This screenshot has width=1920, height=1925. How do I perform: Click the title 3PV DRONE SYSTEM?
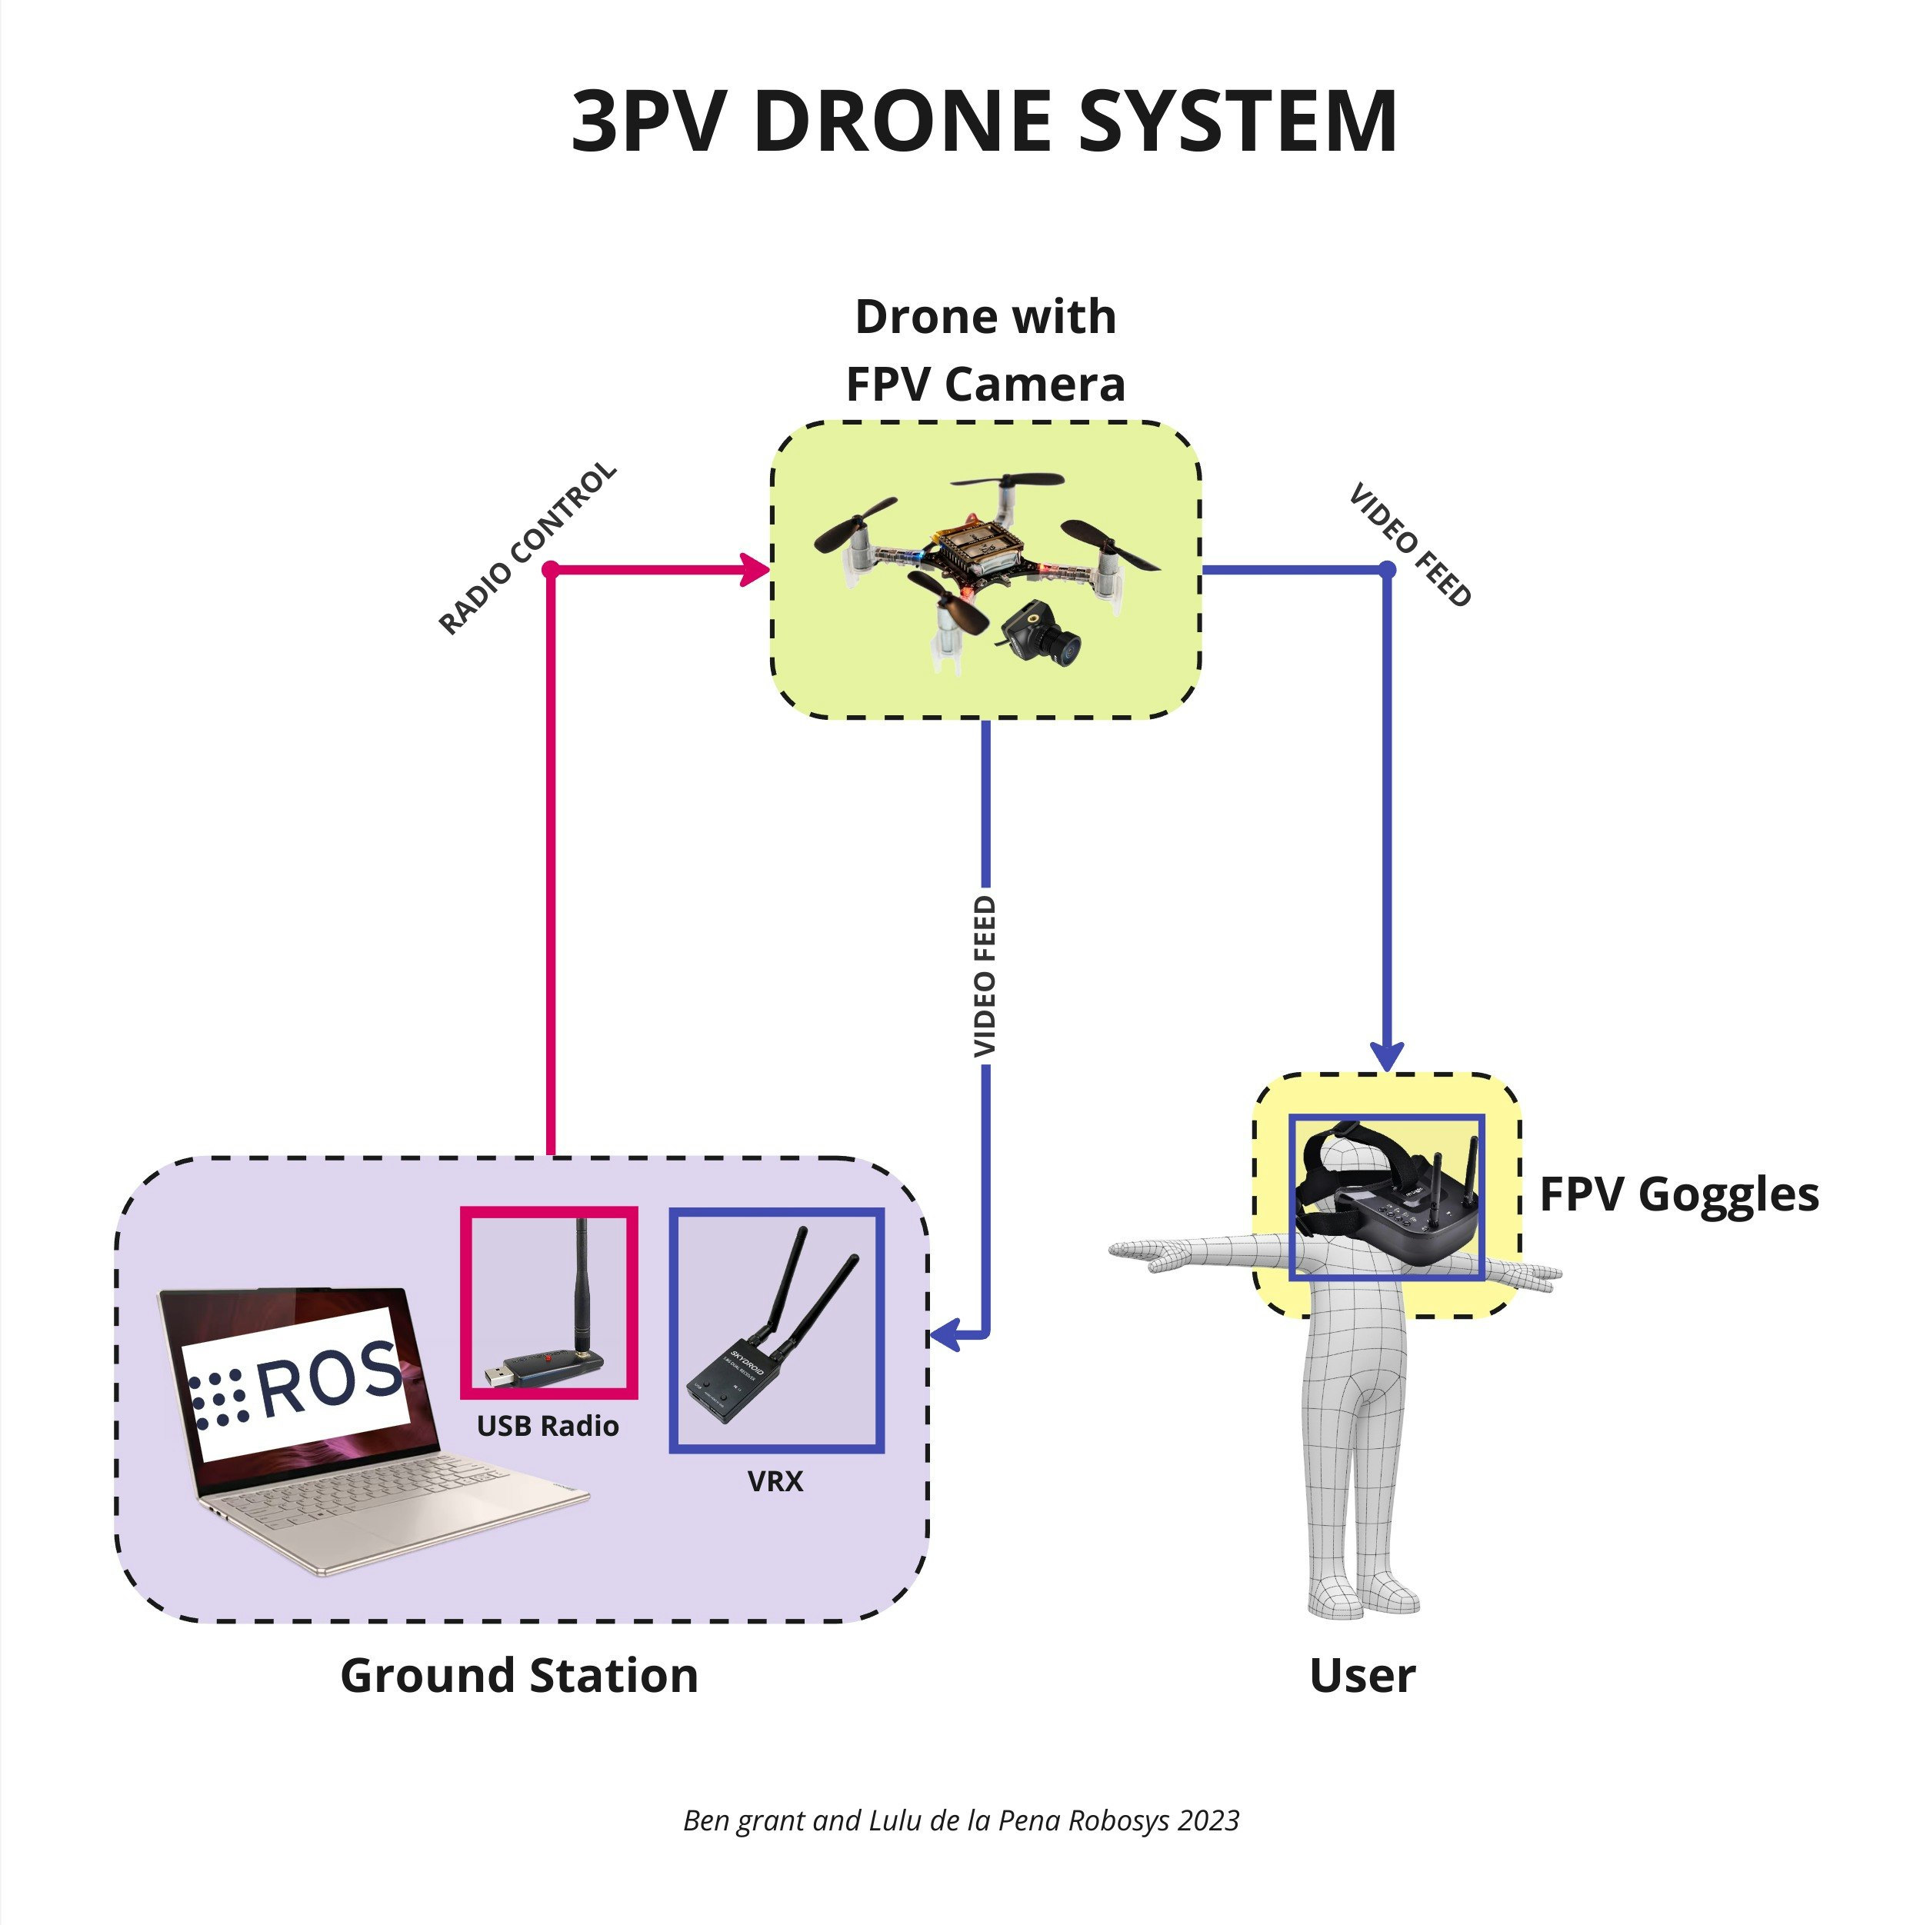(x=983, y=122)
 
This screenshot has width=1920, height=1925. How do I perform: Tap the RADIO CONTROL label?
(x=527, y=548)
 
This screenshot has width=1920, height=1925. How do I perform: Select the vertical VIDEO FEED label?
(x=985, y=977)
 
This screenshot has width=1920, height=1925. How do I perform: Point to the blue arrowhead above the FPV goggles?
(x=1387, y=1055)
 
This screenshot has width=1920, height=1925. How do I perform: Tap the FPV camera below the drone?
(x=1042, y=634)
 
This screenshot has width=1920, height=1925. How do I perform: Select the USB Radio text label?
(x=547, y=1426)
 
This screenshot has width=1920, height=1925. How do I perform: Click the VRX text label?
(x=775, y=1480)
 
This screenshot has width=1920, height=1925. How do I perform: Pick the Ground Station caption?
(x=519, y=1675)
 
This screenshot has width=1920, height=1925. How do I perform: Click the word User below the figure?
(x=1362, y=1675)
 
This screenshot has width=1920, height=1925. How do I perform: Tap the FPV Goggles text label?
(x=1679, y=1194)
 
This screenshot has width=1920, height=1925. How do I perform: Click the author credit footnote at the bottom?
(x=961, y=1820)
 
